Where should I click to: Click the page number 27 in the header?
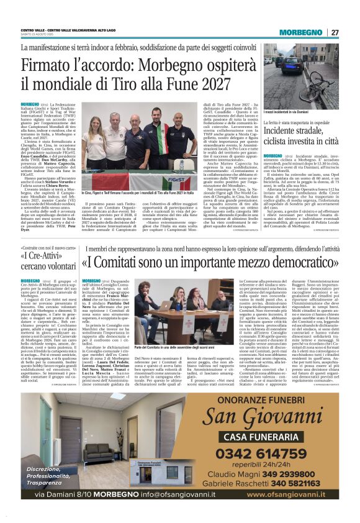coord(335,32)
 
